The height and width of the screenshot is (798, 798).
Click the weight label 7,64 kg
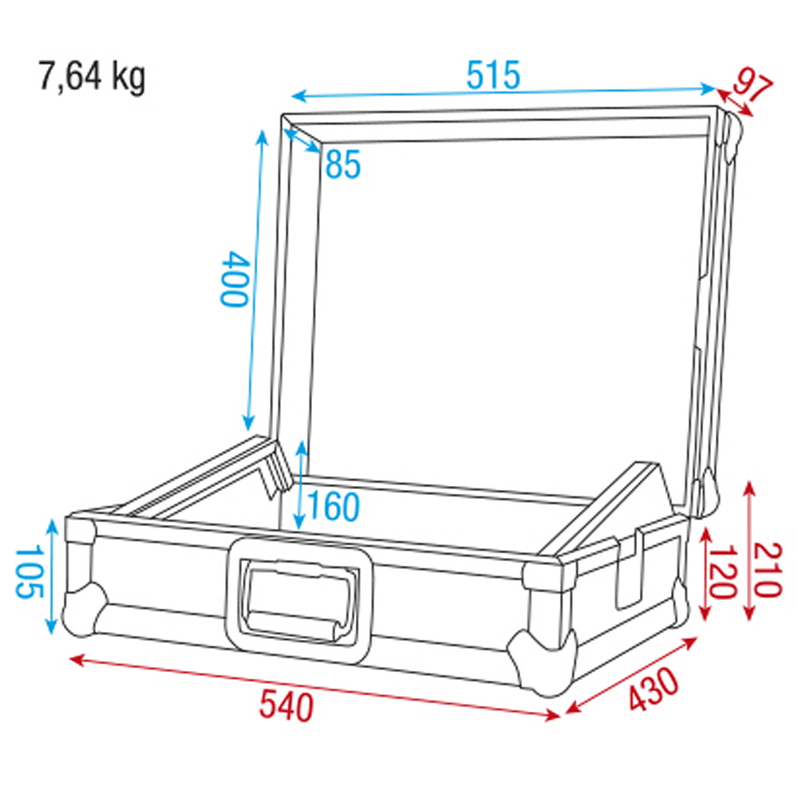92,78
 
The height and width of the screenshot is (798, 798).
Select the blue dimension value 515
493,75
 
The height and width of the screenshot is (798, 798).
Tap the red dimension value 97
753,86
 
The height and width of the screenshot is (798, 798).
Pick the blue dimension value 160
334,506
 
